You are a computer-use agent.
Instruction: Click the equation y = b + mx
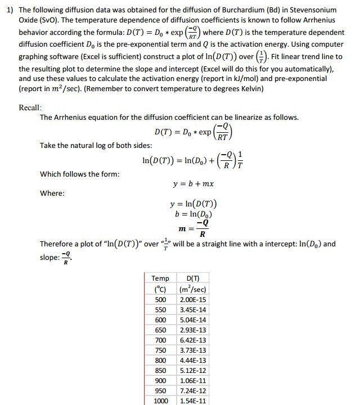point(194,184)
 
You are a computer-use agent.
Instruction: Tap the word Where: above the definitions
point(52,193)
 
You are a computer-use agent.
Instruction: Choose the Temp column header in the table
point(160,278)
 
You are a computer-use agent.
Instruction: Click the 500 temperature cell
point(161,300)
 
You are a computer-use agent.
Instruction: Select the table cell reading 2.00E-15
point(192,300)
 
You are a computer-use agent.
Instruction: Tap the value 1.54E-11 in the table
point(192,401)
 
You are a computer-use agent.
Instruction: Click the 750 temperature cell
point(161,350)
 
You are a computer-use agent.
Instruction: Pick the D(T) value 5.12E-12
point(192,371)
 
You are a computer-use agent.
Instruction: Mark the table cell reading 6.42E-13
point(192,340)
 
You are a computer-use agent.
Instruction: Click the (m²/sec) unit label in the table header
point(192,289)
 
